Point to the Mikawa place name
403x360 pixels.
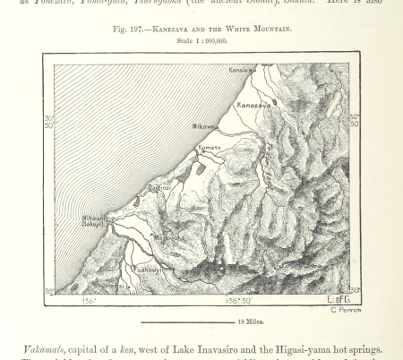205,126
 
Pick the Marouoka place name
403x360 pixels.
168,237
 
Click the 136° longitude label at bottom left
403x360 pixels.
90,301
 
